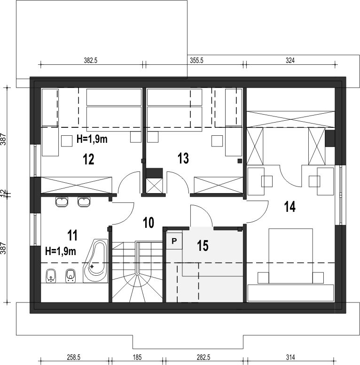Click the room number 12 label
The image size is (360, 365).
(88, 159)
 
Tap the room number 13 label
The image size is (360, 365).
(183, 158)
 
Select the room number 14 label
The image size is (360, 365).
(290, 207)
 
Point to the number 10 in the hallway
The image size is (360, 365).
(149, 222)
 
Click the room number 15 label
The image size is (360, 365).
(203, 246)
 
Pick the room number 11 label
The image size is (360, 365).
(72, 235)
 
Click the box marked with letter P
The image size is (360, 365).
(174, 241)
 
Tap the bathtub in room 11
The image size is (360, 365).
(96, 261)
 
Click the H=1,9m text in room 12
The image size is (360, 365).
(92, 139)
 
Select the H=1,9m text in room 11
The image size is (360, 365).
(61, 251)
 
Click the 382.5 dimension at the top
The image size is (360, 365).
(91, 61)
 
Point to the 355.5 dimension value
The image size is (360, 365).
(196, 61)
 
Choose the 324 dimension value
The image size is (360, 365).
(290, 61)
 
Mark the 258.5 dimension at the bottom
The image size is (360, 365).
(74, 357)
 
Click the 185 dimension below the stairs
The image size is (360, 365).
(137, 357)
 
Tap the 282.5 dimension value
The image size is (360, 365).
(203, 357)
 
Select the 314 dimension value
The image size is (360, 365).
(290, 357)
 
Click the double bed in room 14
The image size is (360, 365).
(290, 256)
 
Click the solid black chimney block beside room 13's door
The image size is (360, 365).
(154, 173)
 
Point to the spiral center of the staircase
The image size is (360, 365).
(138, 274)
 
